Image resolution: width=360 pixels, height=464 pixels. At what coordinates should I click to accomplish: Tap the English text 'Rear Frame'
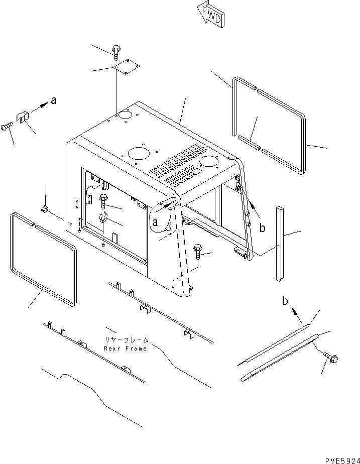[x=126, y=348]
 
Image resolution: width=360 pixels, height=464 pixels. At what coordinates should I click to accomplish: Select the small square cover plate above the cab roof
[x=126, y=65]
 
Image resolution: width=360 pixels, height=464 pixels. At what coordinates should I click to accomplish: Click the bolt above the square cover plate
[x=116, y=50]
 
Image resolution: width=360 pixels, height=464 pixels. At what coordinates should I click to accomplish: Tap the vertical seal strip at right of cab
[x=280, y=244]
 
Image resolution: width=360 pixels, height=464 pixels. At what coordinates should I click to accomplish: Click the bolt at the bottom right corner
[x=331, y=357]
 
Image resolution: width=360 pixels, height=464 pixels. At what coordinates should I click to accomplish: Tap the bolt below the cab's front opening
[x=198, y=251]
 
